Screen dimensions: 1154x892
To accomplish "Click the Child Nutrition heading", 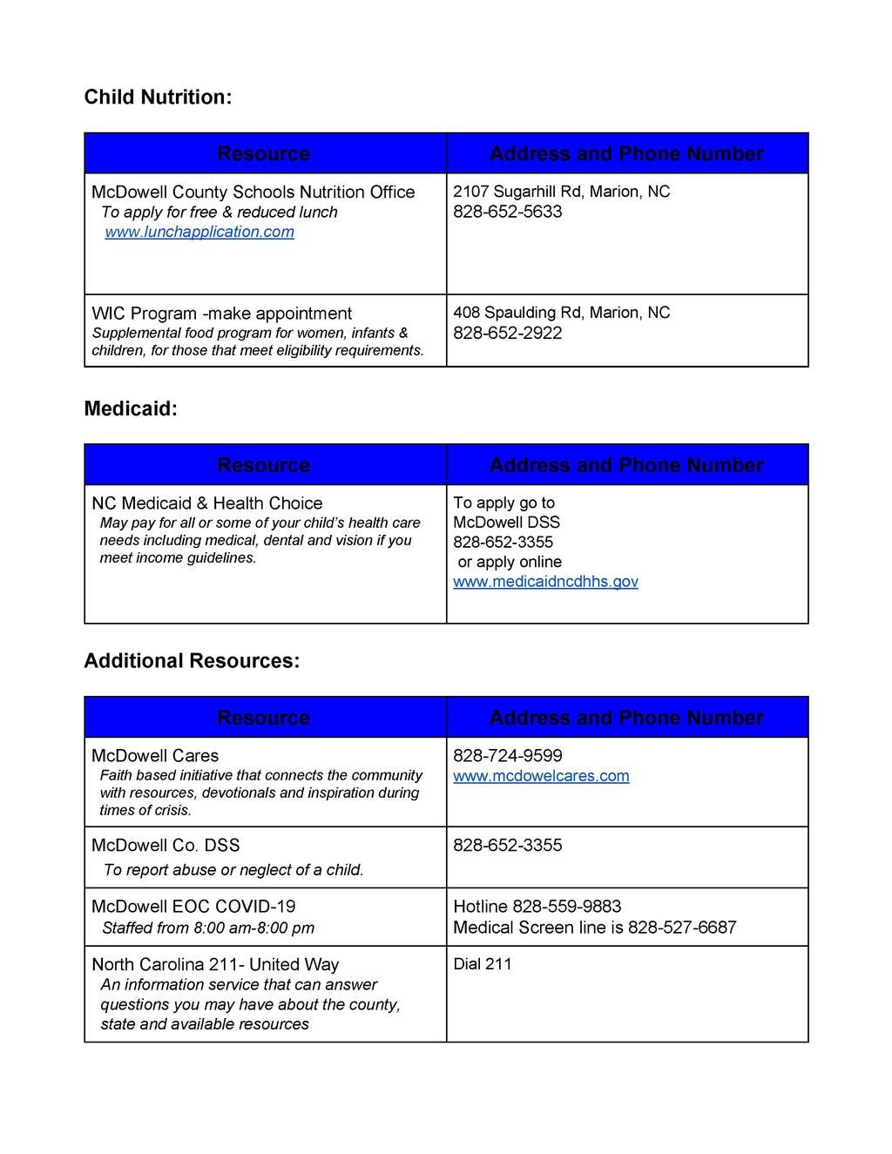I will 158,97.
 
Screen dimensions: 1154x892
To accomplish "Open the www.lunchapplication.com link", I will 199,232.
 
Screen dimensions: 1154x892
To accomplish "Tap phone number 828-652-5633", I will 507,212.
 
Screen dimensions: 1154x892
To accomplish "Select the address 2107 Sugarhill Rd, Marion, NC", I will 561,192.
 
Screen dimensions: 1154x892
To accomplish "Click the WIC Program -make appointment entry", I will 221,314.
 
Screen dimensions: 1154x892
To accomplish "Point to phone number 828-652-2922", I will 507,333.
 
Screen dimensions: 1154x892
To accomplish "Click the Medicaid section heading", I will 130,408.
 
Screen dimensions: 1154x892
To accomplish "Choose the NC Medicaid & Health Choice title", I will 206,503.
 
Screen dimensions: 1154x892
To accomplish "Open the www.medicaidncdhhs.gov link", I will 545,582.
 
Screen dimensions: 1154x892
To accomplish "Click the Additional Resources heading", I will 192,661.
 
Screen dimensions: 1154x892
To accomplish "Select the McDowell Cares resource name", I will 155,756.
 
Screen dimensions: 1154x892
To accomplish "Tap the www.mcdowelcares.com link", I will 541,776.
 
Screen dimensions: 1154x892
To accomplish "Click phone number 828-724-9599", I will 507,756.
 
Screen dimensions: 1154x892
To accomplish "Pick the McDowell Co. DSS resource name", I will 166,846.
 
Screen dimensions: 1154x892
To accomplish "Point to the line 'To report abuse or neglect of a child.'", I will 233,870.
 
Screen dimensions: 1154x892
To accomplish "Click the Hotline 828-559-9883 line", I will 537,907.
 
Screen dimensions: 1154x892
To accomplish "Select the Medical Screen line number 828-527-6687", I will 682,928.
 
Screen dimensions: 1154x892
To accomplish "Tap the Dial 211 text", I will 483,964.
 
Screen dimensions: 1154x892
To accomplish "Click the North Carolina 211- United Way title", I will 215,965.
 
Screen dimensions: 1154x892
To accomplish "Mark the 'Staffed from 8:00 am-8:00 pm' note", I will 208,928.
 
